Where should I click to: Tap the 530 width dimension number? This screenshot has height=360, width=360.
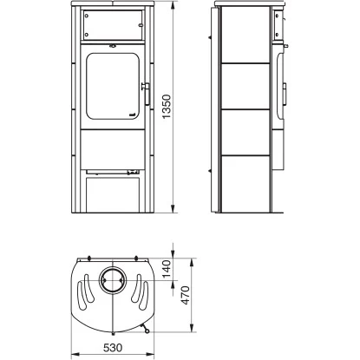pos(114,349)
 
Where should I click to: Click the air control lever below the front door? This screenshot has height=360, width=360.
pos(131,172)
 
